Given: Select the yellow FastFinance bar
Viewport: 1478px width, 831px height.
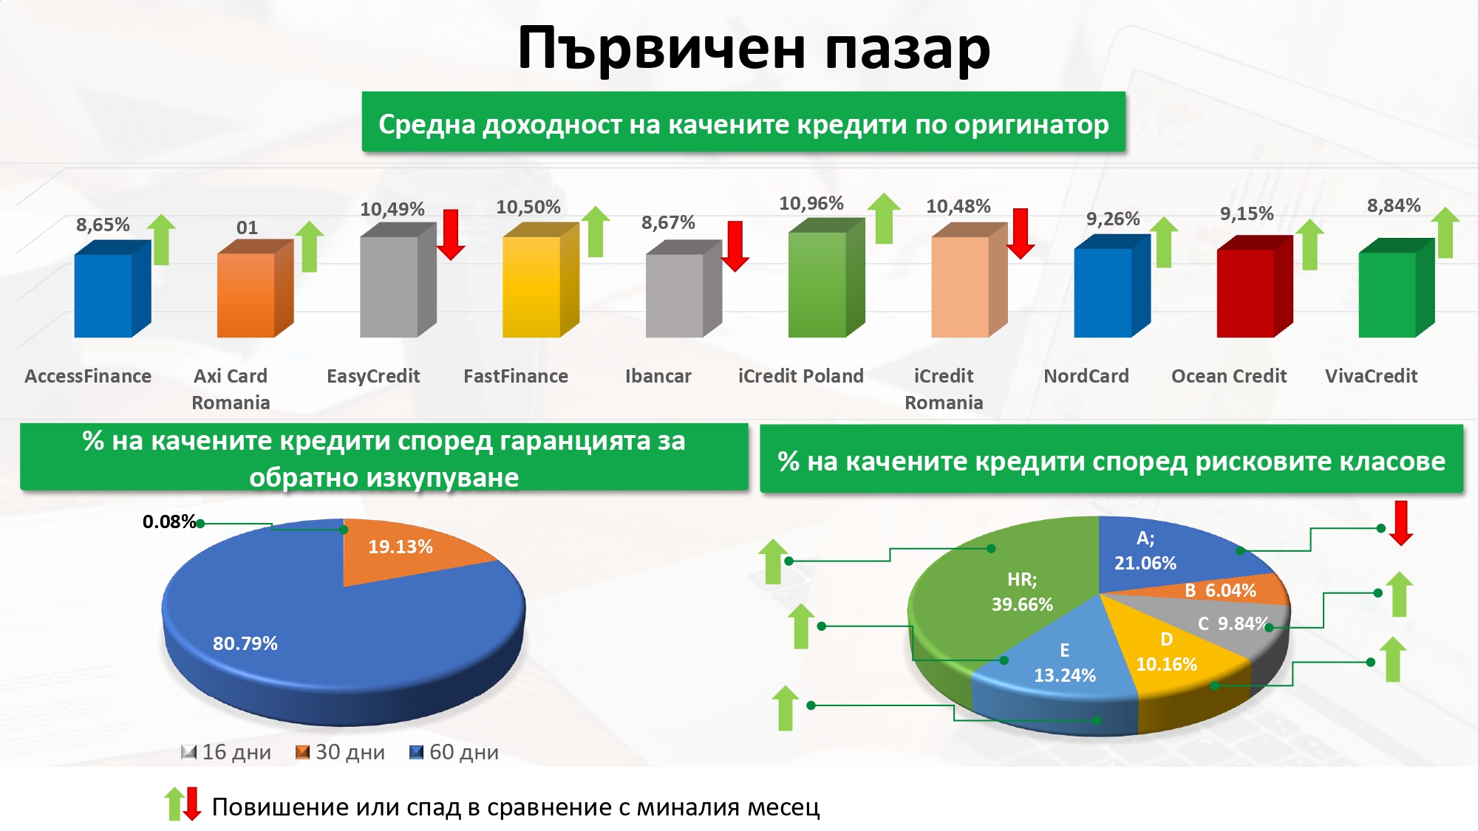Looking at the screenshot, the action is point(540,281).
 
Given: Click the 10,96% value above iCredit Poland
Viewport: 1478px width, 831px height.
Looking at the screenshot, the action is point(811,203).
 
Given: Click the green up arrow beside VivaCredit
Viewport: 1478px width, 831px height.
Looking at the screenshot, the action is point(1445,233).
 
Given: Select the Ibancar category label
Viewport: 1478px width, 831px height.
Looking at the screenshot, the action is point(658,376).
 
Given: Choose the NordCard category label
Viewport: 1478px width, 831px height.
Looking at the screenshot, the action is point(1086,376).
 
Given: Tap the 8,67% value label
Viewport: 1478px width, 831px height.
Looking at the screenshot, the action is point(668,222).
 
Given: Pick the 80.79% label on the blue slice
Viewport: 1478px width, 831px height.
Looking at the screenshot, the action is point(245,643).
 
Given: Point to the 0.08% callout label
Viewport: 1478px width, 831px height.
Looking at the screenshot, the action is point(169,521).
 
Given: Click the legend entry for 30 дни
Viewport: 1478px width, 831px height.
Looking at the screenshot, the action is point(340,752).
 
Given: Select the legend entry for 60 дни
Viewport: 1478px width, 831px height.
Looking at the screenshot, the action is point(454,752).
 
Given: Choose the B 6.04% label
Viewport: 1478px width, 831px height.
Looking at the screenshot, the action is point(1220,590).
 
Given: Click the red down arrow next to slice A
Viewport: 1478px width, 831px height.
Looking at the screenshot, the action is point(1401,523).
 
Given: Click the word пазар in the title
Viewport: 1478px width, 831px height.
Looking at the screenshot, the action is point(907,49).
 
